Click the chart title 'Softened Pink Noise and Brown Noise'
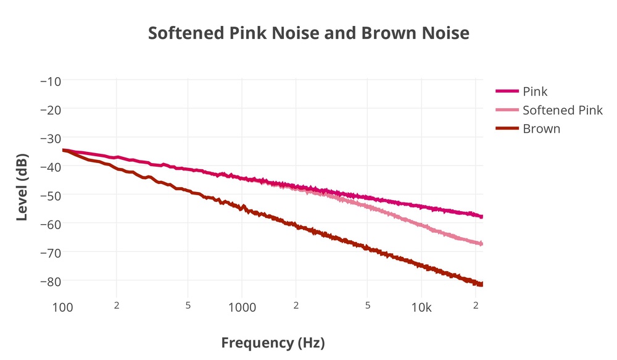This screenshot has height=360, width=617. (x=308, y=33)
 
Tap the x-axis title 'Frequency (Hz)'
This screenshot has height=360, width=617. (x=273, y=342)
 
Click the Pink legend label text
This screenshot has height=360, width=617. (x=535, y=91)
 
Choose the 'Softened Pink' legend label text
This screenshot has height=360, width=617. (x=562, y=111)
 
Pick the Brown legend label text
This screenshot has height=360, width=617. (x=541, y=129)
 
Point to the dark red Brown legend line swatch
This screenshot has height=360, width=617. (x=507, y=129)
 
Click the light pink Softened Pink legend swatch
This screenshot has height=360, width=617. (x=507, y=111)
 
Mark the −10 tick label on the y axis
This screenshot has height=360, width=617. (x=49, y=80)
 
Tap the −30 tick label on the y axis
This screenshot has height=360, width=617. (x=49, y=138)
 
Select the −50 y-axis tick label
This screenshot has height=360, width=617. (x=49, y=195)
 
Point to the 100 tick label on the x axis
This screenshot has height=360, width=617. (x=62, y=308)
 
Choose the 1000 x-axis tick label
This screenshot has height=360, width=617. (x=241, y=308)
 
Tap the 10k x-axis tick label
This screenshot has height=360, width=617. (x=421, y=308)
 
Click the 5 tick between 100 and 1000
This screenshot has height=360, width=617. (x=188, y=306)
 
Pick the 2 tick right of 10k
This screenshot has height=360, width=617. (x=476, y=306)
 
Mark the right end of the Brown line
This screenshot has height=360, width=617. (x=482, y=284)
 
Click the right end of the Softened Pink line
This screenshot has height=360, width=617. (x=482, y=244)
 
